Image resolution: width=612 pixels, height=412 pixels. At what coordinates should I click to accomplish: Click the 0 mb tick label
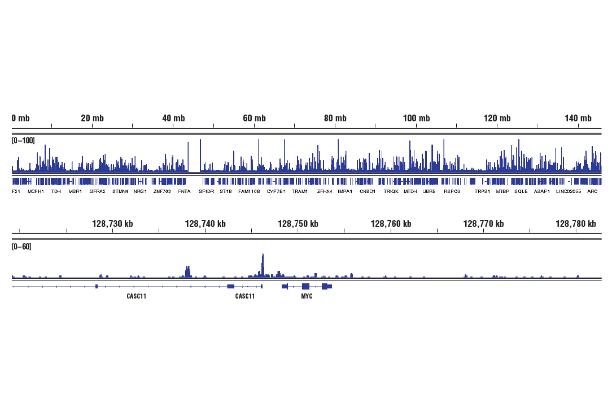[21, 119]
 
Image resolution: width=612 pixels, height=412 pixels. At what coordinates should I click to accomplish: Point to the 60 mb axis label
[254, 119]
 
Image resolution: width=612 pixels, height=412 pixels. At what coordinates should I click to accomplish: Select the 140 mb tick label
[578, 119]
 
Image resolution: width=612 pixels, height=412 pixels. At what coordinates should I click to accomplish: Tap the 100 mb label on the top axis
[416, 119]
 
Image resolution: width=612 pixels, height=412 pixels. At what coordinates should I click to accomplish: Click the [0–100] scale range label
[23, 140]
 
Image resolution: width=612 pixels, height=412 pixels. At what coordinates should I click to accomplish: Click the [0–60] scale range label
[21, 247]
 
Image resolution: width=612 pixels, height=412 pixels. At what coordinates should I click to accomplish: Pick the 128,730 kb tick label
[112, 224]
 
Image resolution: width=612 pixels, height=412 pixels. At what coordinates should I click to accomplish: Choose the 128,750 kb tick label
[298, 224]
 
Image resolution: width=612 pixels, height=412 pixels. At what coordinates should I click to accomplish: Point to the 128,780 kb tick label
[575, 224]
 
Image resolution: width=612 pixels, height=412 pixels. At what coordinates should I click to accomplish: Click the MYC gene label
[307, 296]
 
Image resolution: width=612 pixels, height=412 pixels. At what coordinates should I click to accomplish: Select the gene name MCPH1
[36, 192]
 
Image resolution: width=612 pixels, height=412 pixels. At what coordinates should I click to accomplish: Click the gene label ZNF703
[163, 192]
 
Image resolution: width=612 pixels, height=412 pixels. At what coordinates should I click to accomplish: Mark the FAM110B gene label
[249, 192]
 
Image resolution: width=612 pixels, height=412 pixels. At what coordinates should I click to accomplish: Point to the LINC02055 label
[569, 192]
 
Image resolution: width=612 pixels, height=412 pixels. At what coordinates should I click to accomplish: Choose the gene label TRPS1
[482, 192]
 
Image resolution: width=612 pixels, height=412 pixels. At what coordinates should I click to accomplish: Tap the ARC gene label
[592, 192]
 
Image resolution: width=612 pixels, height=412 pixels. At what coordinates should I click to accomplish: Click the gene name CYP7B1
[276, 192]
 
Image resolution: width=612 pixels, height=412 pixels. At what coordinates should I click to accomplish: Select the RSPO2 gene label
[452, 192]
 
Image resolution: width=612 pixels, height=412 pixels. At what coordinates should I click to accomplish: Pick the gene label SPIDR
[207, 192]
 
